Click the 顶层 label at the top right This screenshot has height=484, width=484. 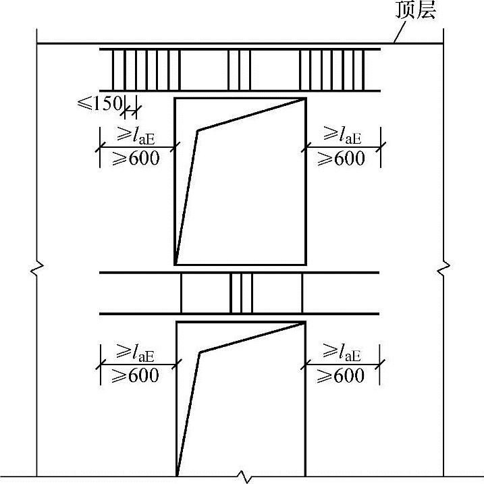click(x=415, y=10)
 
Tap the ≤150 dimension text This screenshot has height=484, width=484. click(x=100, y=103)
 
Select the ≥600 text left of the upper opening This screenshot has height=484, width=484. click(x=136, y=159)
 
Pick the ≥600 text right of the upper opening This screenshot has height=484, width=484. click(x=341, y=159)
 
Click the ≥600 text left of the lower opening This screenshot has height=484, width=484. click(x=135, y=375)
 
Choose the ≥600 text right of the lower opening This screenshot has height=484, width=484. click(x=340, y=375)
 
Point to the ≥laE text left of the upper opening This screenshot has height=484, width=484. click(x=136, y=136)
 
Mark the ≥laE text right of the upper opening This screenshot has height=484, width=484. click(x=342, y=135)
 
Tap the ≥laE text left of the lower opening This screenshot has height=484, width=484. click(x=135, y=352)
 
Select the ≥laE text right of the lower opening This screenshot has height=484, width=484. click(x=342, y=352)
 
